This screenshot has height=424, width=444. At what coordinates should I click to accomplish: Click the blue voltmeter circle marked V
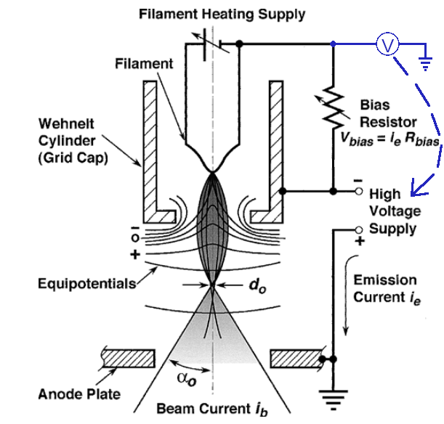(388, 45)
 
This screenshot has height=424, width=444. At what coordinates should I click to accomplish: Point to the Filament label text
(145, 63)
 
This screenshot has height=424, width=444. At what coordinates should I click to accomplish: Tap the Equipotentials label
(87, 284)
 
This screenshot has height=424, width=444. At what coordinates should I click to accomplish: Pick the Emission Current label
(384, 288)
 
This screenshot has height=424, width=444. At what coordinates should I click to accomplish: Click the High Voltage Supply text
(394, 211)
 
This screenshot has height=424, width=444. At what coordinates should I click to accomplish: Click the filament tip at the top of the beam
(212, 171)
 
